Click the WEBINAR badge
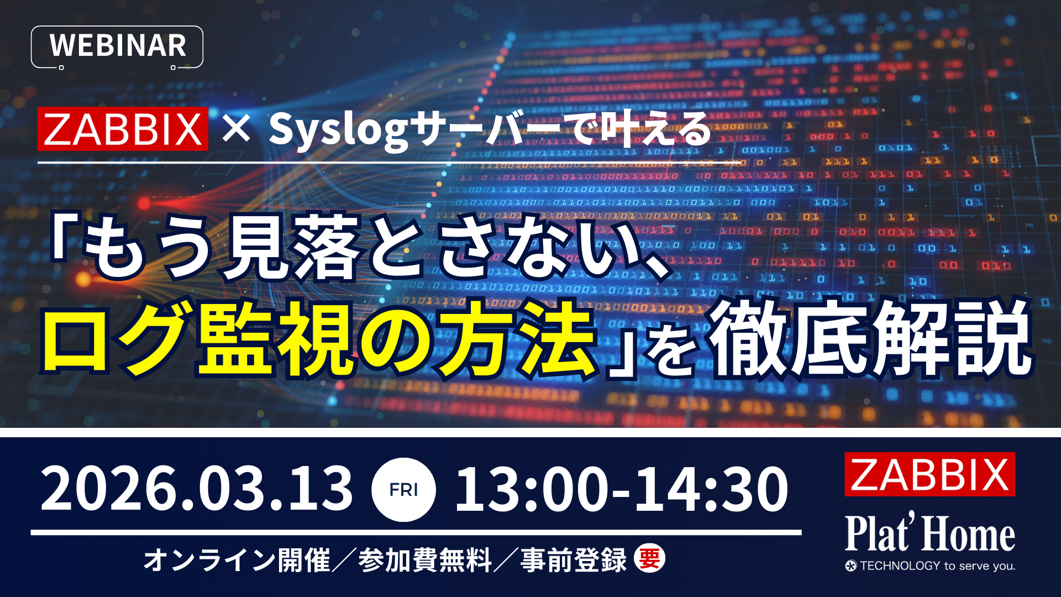tap(117, 46)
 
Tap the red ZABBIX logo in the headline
tap(123, 129)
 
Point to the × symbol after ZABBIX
tap(237, 129)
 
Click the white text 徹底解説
tap(871, 338)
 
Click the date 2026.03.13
tap(197, 489)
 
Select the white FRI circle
tap(403, 490)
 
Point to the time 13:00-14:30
tap(621, 489)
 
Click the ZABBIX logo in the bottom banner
tap(929, 474)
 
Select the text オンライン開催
tap(237, 559)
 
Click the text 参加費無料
tap(424, 559)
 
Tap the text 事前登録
tap(574, 559)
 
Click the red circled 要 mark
tap(649, 559)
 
